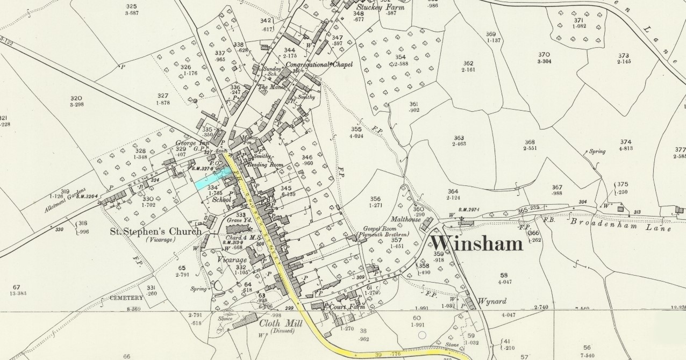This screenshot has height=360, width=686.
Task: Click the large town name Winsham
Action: point(475,243)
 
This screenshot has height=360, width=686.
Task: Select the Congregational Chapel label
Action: point(319,65)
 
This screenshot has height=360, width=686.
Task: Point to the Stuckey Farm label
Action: point(380,7)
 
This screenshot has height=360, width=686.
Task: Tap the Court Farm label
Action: point(348,306)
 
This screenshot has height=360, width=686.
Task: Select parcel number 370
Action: point(544,55)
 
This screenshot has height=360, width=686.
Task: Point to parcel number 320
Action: point(76,98)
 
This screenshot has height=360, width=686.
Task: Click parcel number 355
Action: point(356,129)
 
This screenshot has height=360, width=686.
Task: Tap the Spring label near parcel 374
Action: point(597,152)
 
